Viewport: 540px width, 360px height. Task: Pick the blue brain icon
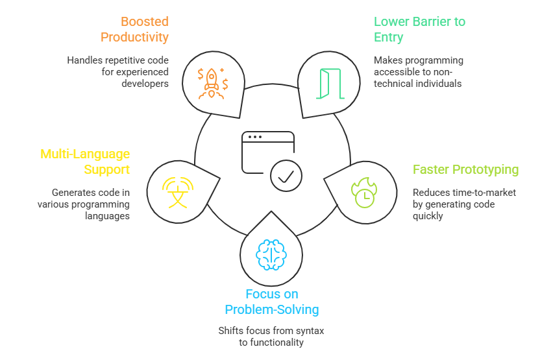[270, 255]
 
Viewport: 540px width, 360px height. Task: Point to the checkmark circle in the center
[286, 175]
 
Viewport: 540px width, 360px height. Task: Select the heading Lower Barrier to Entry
[419, 29]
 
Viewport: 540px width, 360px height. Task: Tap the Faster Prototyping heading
[465, 170]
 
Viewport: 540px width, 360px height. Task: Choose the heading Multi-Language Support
[85, 162]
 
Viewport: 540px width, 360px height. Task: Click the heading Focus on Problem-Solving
[271, 302]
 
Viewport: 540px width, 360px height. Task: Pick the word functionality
[282, 342]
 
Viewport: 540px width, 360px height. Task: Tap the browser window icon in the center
[267, 151]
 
